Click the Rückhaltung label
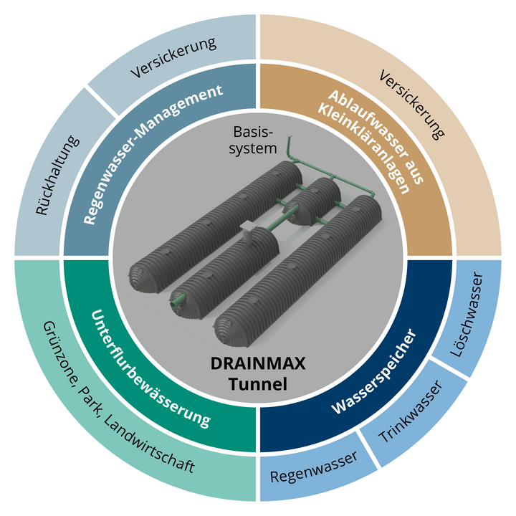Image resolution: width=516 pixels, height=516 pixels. (57, 176)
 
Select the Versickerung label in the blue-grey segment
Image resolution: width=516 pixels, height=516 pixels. (173, 58)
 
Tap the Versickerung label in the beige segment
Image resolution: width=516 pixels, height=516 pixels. (411, 105)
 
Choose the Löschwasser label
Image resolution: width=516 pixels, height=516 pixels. (467, 315)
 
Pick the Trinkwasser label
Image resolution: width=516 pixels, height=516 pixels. (411, 411)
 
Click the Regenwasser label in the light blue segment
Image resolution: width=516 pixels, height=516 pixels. (314, 467)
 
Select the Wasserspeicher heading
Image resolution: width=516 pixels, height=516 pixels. (374, 371)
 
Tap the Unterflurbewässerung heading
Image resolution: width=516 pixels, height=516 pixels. (150, 369)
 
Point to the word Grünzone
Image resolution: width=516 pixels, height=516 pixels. (58, 355)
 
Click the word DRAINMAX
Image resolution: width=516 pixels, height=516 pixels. (258, 363)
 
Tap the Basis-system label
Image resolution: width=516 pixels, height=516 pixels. (253, 140)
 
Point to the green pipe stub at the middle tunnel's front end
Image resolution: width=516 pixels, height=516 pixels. (178, 301)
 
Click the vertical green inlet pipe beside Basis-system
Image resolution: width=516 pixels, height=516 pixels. (290, 149)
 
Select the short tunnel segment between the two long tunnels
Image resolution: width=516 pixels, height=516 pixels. (312, 201)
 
